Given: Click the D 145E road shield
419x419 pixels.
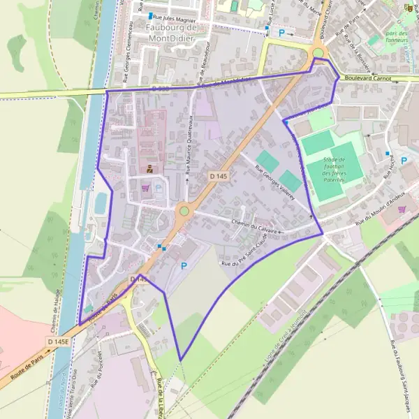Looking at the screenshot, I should (x=58, y=341).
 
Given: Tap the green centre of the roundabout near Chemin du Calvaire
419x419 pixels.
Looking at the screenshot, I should (x=184, y=210).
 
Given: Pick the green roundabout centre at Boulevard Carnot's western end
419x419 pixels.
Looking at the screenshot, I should (x=318, y=53).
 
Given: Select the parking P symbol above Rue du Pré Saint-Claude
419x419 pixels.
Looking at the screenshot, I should (x=184, y=266).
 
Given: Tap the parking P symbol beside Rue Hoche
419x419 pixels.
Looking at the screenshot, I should (x=404, y=160).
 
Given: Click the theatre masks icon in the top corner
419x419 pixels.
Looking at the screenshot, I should (x=409, y=8).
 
